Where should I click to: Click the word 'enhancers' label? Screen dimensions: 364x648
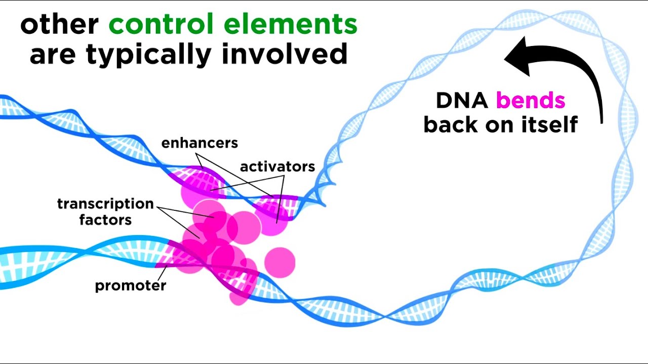tap(199, 143)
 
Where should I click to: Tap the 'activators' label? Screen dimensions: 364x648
tap(277, 166)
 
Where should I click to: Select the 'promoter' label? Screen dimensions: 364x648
tap(131, 286)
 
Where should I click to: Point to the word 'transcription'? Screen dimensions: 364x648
tap(105, 204)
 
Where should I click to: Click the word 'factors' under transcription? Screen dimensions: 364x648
tap(105, 219)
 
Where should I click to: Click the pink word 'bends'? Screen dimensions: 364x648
tap(530, 101)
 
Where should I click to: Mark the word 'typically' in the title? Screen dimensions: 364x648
tap(149, 54)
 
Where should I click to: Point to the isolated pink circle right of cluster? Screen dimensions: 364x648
tap(279, 262)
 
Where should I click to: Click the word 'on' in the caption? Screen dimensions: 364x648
tap(502, 124)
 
